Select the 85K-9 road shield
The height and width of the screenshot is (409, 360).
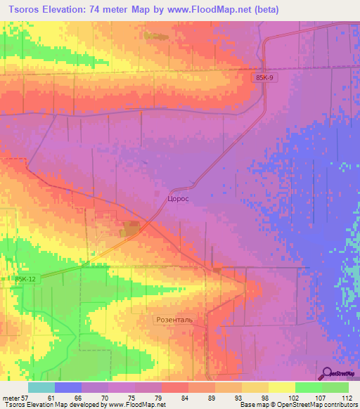266,79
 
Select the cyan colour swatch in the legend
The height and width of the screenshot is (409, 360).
41,387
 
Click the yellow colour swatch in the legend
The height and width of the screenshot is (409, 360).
282,387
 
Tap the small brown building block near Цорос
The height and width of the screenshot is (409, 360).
130,228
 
